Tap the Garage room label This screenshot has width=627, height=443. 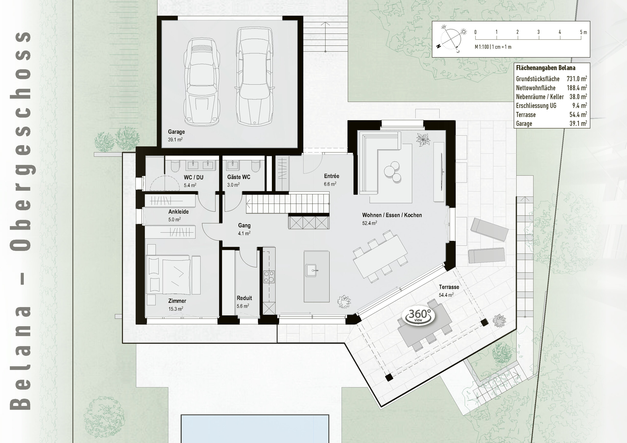(176, 132)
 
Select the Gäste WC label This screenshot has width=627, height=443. (238, 177)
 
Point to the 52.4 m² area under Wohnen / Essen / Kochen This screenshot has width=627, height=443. (370, 223)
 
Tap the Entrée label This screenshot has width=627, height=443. (332, 176)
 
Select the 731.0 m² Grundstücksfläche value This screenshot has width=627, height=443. (577, 79)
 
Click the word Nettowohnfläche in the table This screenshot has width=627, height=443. (535, 88)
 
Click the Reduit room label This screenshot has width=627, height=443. (244, 298)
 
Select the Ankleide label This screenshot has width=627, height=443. (178, 211)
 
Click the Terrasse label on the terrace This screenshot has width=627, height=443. (449, 287)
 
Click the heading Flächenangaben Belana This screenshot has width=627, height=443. (545, 68)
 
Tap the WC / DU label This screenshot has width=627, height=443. (193, 177)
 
